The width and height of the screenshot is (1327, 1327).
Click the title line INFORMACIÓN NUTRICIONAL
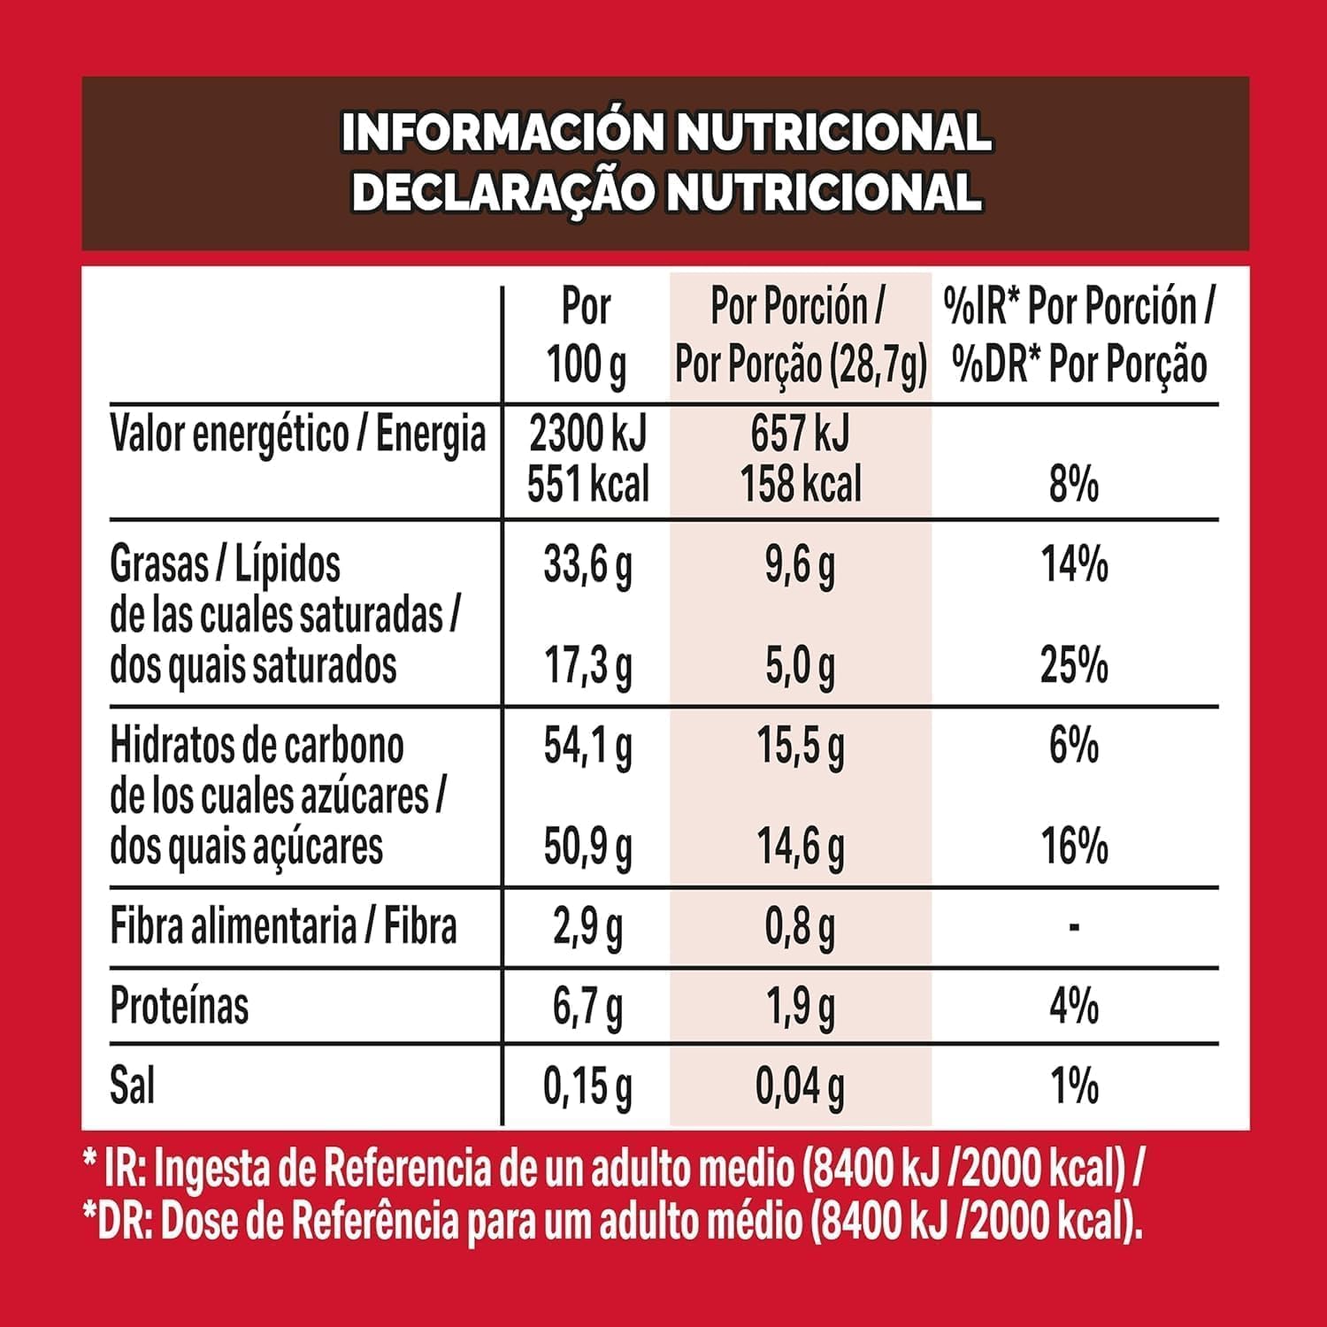coord(665,133)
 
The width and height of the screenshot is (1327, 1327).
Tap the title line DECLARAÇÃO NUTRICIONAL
coord(665,192)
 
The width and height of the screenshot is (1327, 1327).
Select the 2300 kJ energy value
coord(587,433)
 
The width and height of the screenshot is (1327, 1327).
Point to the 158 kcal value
coord(801,484)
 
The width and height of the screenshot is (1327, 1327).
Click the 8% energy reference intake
coord(1074,484)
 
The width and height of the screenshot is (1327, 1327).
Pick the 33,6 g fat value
coord(587,565)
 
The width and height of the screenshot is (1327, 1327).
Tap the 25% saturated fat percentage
coord(1074,665)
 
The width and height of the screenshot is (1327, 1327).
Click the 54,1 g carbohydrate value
coord(587,747)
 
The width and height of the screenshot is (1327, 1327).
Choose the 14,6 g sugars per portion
coord(801,847)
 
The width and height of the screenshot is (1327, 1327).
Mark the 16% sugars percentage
coord(1074,847)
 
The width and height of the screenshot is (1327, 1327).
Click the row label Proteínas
coord(180,1006)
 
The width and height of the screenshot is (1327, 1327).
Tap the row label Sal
coord(132,1085)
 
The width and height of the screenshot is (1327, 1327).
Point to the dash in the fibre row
coord(1074,927)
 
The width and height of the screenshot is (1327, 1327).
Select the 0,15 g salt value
coord(587,1086)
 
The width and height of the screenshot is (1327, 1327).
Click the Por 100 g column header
coord(586,336)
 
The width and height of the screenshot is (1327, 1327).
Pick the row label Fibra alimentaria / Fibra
coord(283,927)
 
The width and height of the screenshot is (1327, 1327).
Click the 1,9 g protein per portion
coord(801,1008)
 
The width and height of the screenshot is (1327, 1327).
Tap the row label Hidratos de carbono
coord(257,746)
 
